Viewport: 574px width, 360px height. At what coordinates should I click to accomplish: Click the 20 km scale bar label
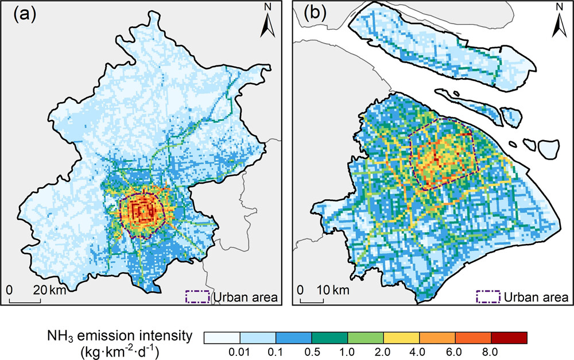[51, 290]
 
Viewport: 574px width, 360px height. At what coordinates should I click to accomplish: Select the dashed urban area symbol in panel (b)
[488, 296]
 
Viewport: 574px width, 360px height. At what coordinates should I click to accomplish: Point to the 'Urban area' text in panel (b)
[536, 297]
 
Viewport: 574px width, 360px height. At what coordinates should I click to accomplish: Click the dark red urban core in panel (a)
[143, 212]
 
